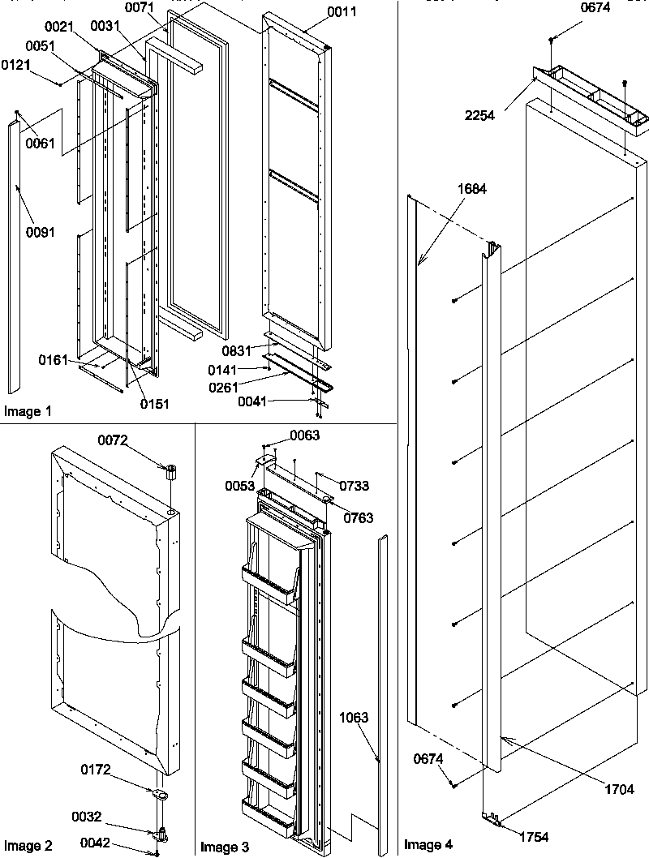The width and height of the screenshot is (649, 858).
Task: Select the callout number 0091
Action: click(x=40, y=232)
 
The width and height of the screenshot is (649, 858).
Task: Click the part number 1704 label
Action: click(x=619, y=788)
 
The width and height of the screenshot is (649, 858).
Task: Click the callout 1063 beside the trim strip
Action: click(x=354, y=718)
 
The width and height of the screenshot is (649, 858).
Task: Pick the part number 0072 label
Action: click(x=114, y=440)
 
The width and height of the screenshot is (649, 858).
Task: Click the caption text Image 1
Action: click(x=28, y=412)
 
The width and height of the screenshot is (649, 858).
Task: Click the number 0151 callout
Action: click(x=153, y=403)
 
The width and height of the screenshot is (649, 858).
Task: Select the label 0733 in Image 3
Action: click(x=355, y=486)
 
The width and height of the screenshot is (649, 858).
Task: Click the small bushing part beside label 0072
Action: click(x=172, y=471)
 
